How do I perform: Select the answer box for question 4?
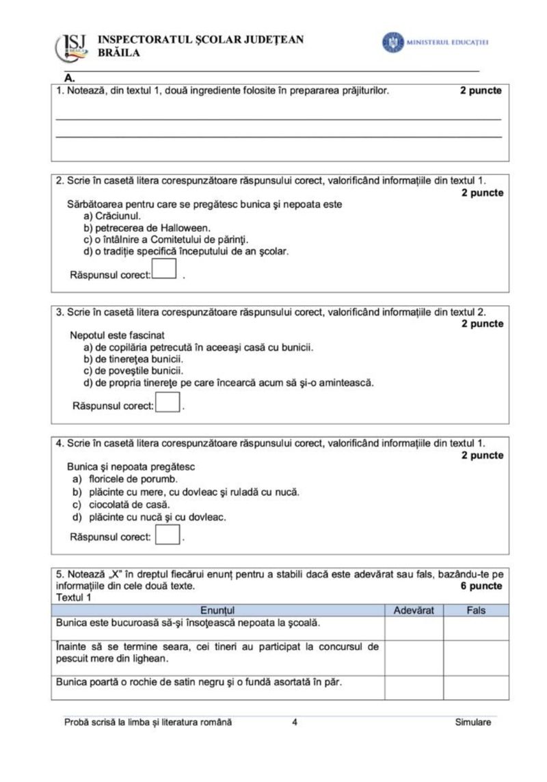point(168,534)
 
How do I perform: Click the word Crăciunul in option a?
point(118,216)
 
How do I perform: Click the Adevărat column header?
point(414,610)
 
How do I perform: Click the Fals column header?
point(476,610)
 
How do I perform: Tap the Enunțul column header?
point(217,610)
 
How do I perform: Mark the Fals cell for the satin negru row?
point(476,688)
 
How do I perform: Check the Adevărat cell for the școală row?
point(414,627)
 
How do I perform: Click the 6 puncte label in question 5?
point(481,586)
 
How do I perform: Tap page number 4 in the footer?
point(295,722)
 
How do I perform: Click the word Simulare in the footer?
point(472,722)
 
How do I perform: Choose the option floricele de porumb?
point(127,480)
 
